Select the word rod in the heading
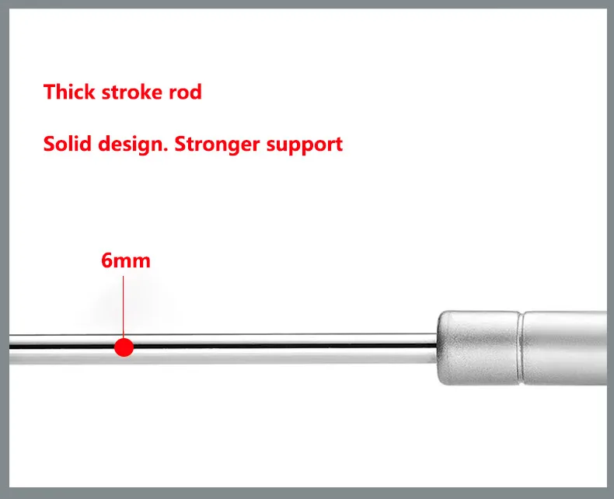187,92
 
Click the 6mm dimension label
125,260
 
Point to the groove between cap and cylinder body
520,347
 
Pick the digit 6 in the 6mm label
107,260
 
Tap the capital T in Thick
49,92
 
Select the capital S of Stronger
180,144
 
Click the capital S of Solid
49,144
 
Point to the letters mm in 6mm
132,260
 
